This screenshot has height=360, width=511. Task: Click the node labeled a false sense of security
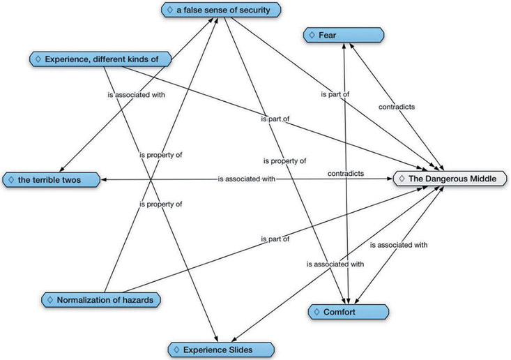click(x=220, y=10)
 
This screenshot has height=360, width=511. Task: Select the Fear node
click(x=344, y=34)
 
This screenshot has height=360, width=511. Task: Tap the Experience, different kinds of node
click(x=100, y=59)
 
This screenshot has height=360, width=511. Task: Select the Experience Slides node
click(x=219, y=348)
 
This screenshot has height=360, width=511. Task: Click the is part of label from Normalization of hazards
click(x=274, y=239)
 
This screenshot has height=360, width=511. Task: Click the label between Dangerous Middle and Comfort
click(x=397, y=245)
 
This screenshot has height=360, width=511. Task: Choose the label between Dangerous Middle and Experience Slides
click(x=335, y=264)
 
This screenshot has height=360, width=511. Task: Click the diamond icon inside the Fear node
click(x=312, y=34)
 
